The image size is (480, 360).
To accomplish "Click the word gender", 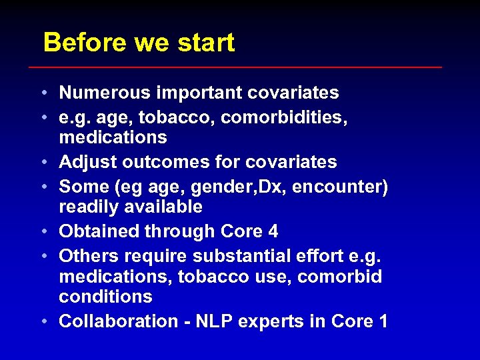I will coord(219,187).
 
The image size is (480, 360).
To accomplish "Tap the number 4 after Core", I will coord(272,232).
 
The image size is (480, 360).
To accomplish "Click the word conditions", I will coord(105,297).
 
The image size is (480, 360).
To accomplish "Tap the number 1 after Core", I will coord(382,321).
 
